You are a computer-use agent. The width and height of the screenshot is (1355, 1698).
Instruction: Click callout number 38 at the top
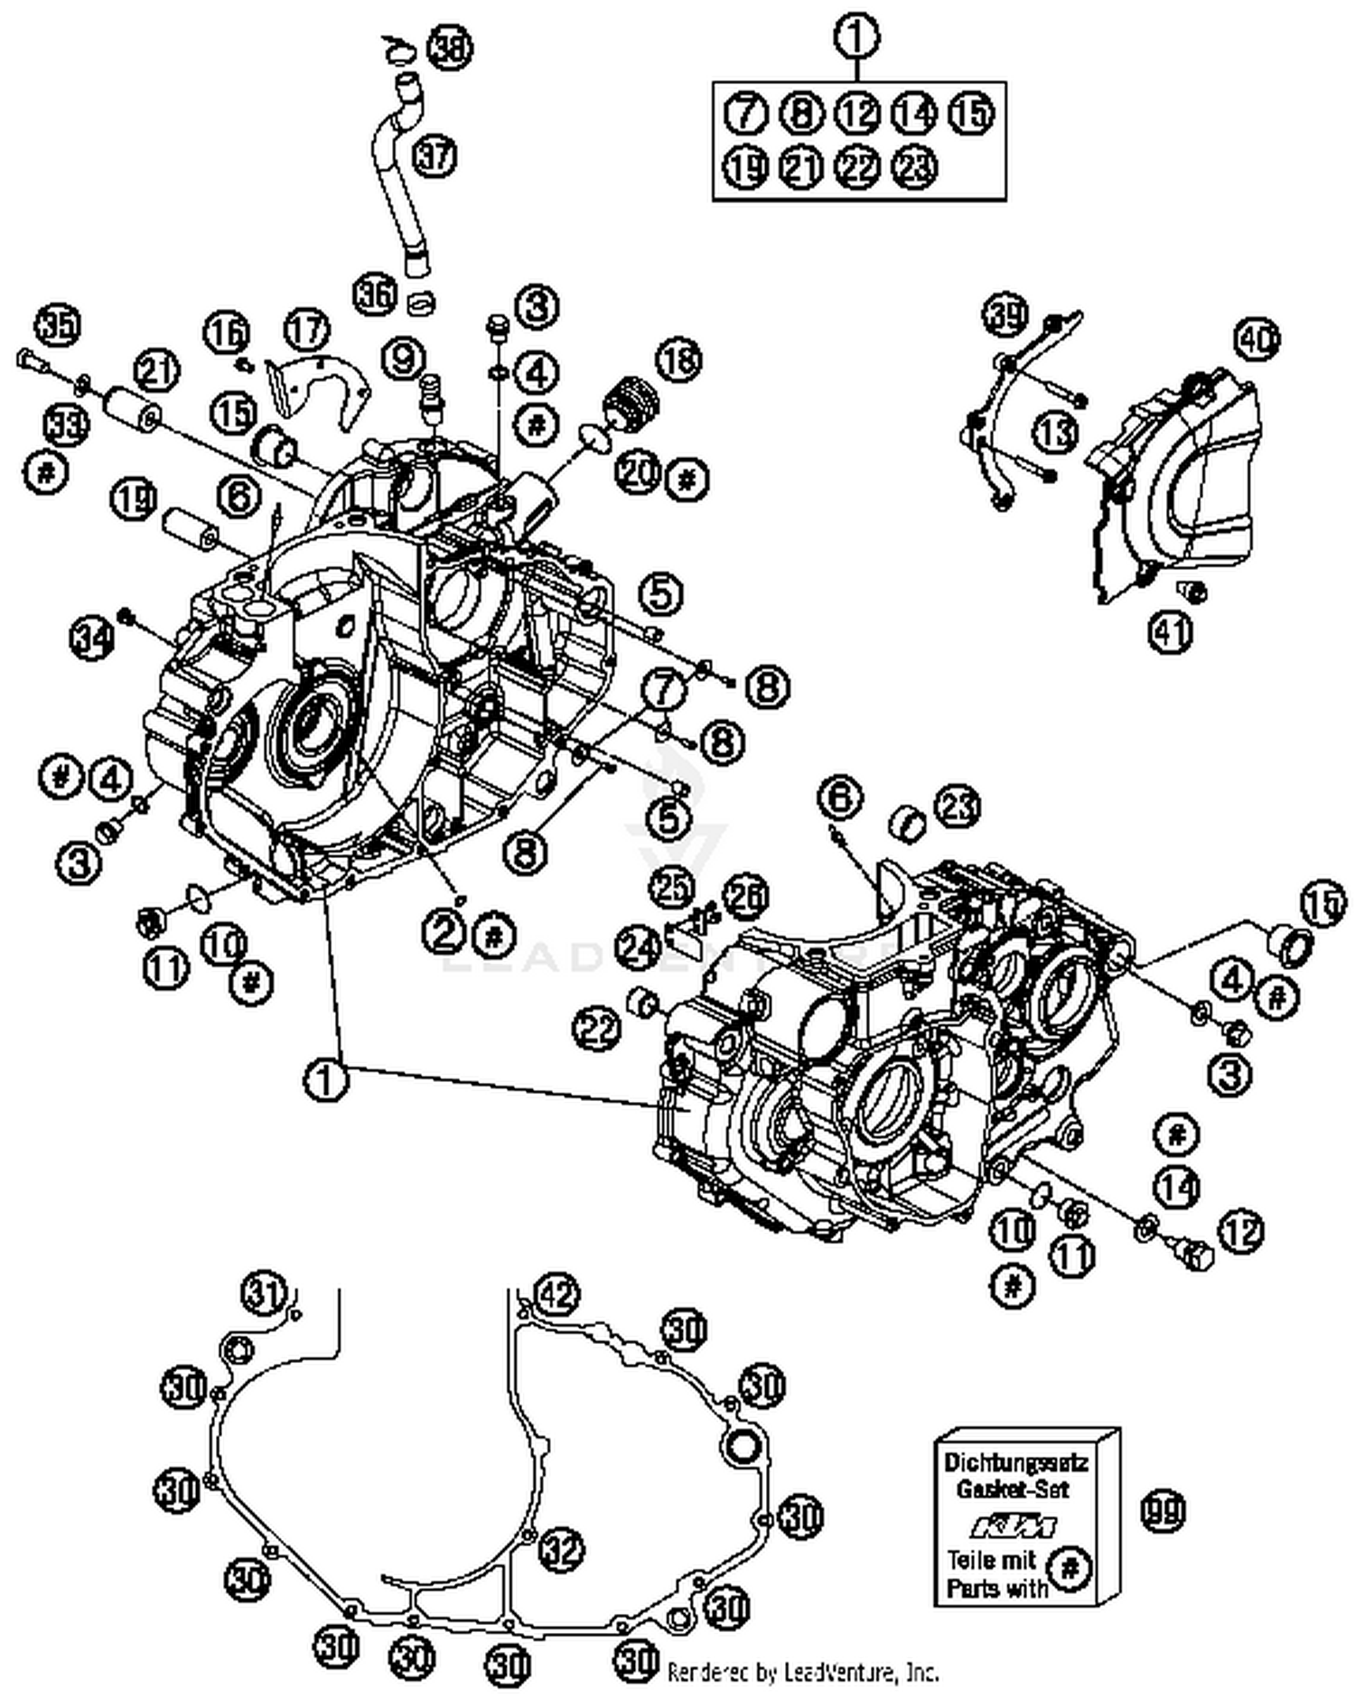[x=449, y=48]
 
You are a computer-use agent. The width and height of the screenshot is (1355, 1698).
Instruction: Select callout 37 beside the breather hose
[x=435, y=156]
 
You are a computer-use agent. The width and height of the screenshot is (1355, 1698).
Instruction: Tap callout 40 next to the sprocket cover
[x=1257, y=340]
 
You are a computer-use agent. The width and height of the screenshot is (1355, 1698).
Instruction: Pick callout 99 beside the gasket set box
[x=1162, y=1509]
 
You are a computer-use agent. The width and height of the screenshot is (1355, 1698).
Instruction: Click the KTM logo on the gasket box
[x=1013, y=1526]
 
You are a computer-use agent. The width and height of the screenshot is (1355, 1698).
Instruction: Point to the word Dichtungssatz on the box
[x=1015, y=1462]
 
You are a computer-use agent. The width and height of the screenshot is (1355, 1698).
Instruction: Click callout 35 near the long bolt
[x=59, y=325]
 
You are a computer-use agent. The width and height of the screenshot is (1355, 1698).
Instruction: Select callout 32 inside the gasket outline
[x=561, y=1550]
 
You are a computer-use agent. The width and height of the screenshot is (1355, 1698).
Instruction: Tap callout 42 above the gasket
[x=556, y=1295]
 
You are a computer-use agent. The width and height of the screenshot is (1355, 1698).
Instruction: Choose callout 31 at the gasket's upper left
[x=263, y=1292]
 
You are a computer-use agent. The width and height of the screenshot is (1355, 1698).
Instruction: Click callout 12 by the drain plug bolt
[x=1240, y=1230]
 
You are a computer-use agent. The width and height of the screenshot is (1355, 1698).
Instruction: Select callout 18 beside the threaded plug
[x=677, y=359]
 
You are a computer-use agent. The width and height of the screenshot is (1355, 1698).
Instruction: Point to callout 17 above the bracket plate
[x=306, y=330]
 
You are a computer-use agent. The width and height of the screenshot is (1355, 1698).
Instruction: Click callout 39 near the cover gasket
[x=1005, y=315]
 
